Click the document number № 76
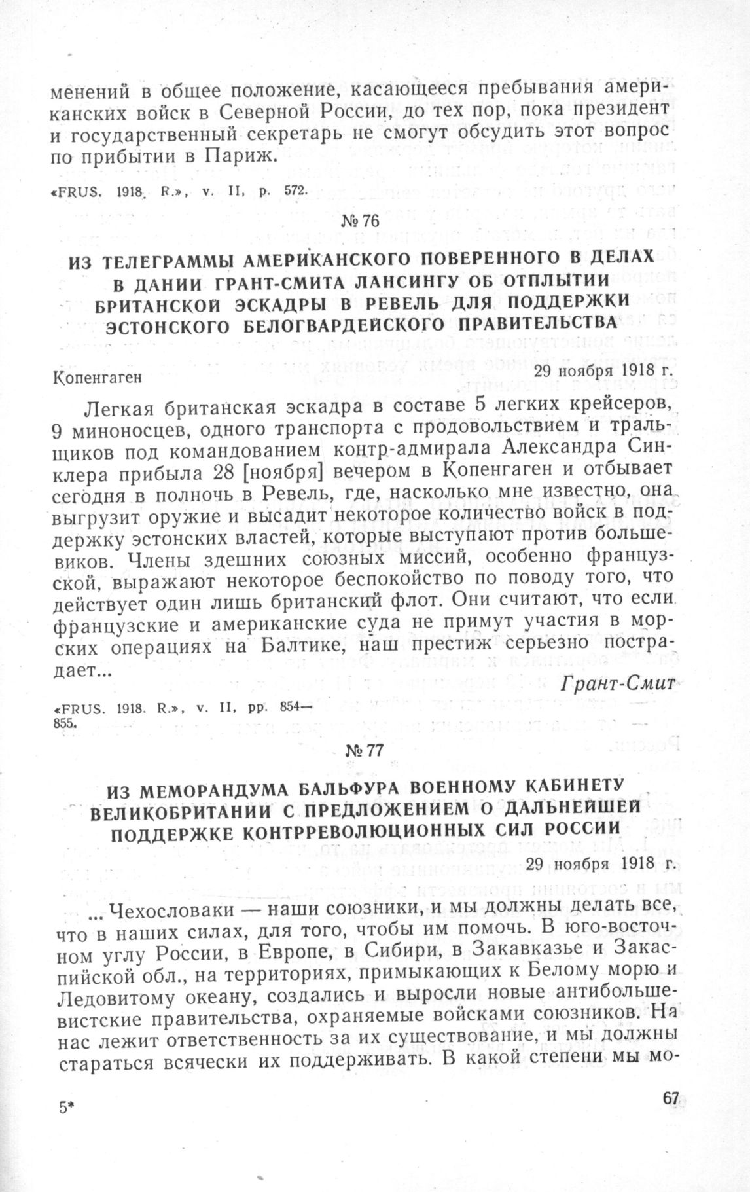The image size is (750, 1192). coord(360,221)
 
